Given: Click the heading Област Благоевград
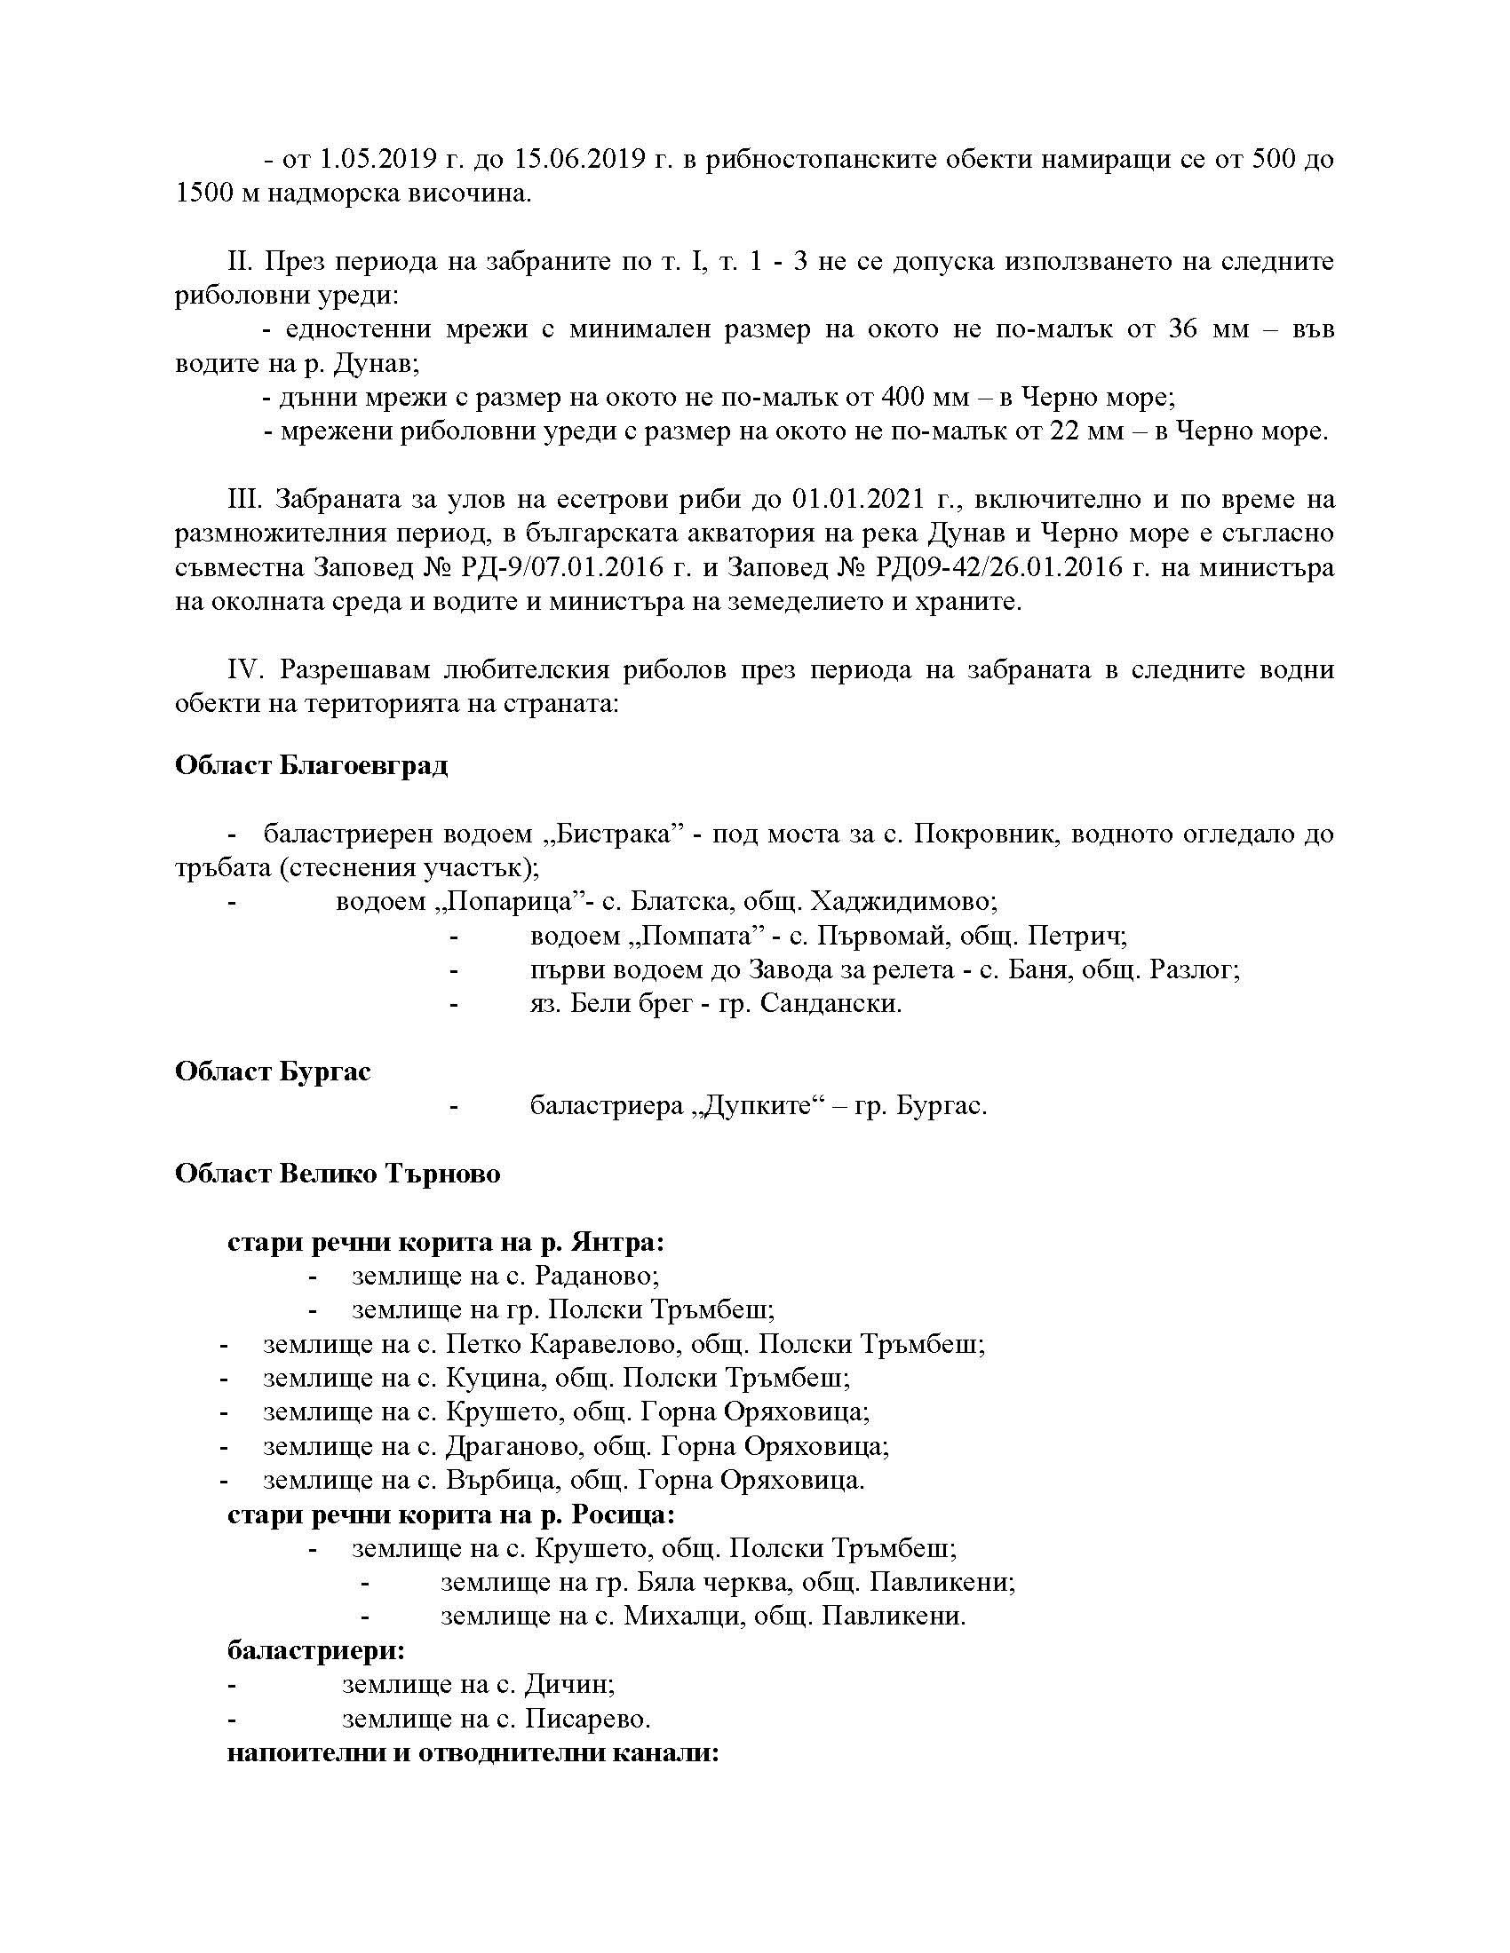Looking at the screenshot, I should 311,766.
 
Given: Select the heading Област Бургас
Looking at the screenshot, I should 273,1071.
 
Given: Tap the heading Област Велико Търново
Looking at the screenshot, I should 338,1174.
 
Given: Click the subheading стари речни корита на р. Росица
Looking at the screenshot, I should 451,1514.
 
